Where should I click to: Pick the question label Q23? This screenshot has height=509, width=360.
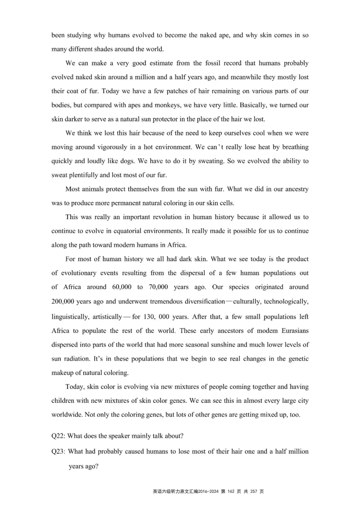tap(58, 451)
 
